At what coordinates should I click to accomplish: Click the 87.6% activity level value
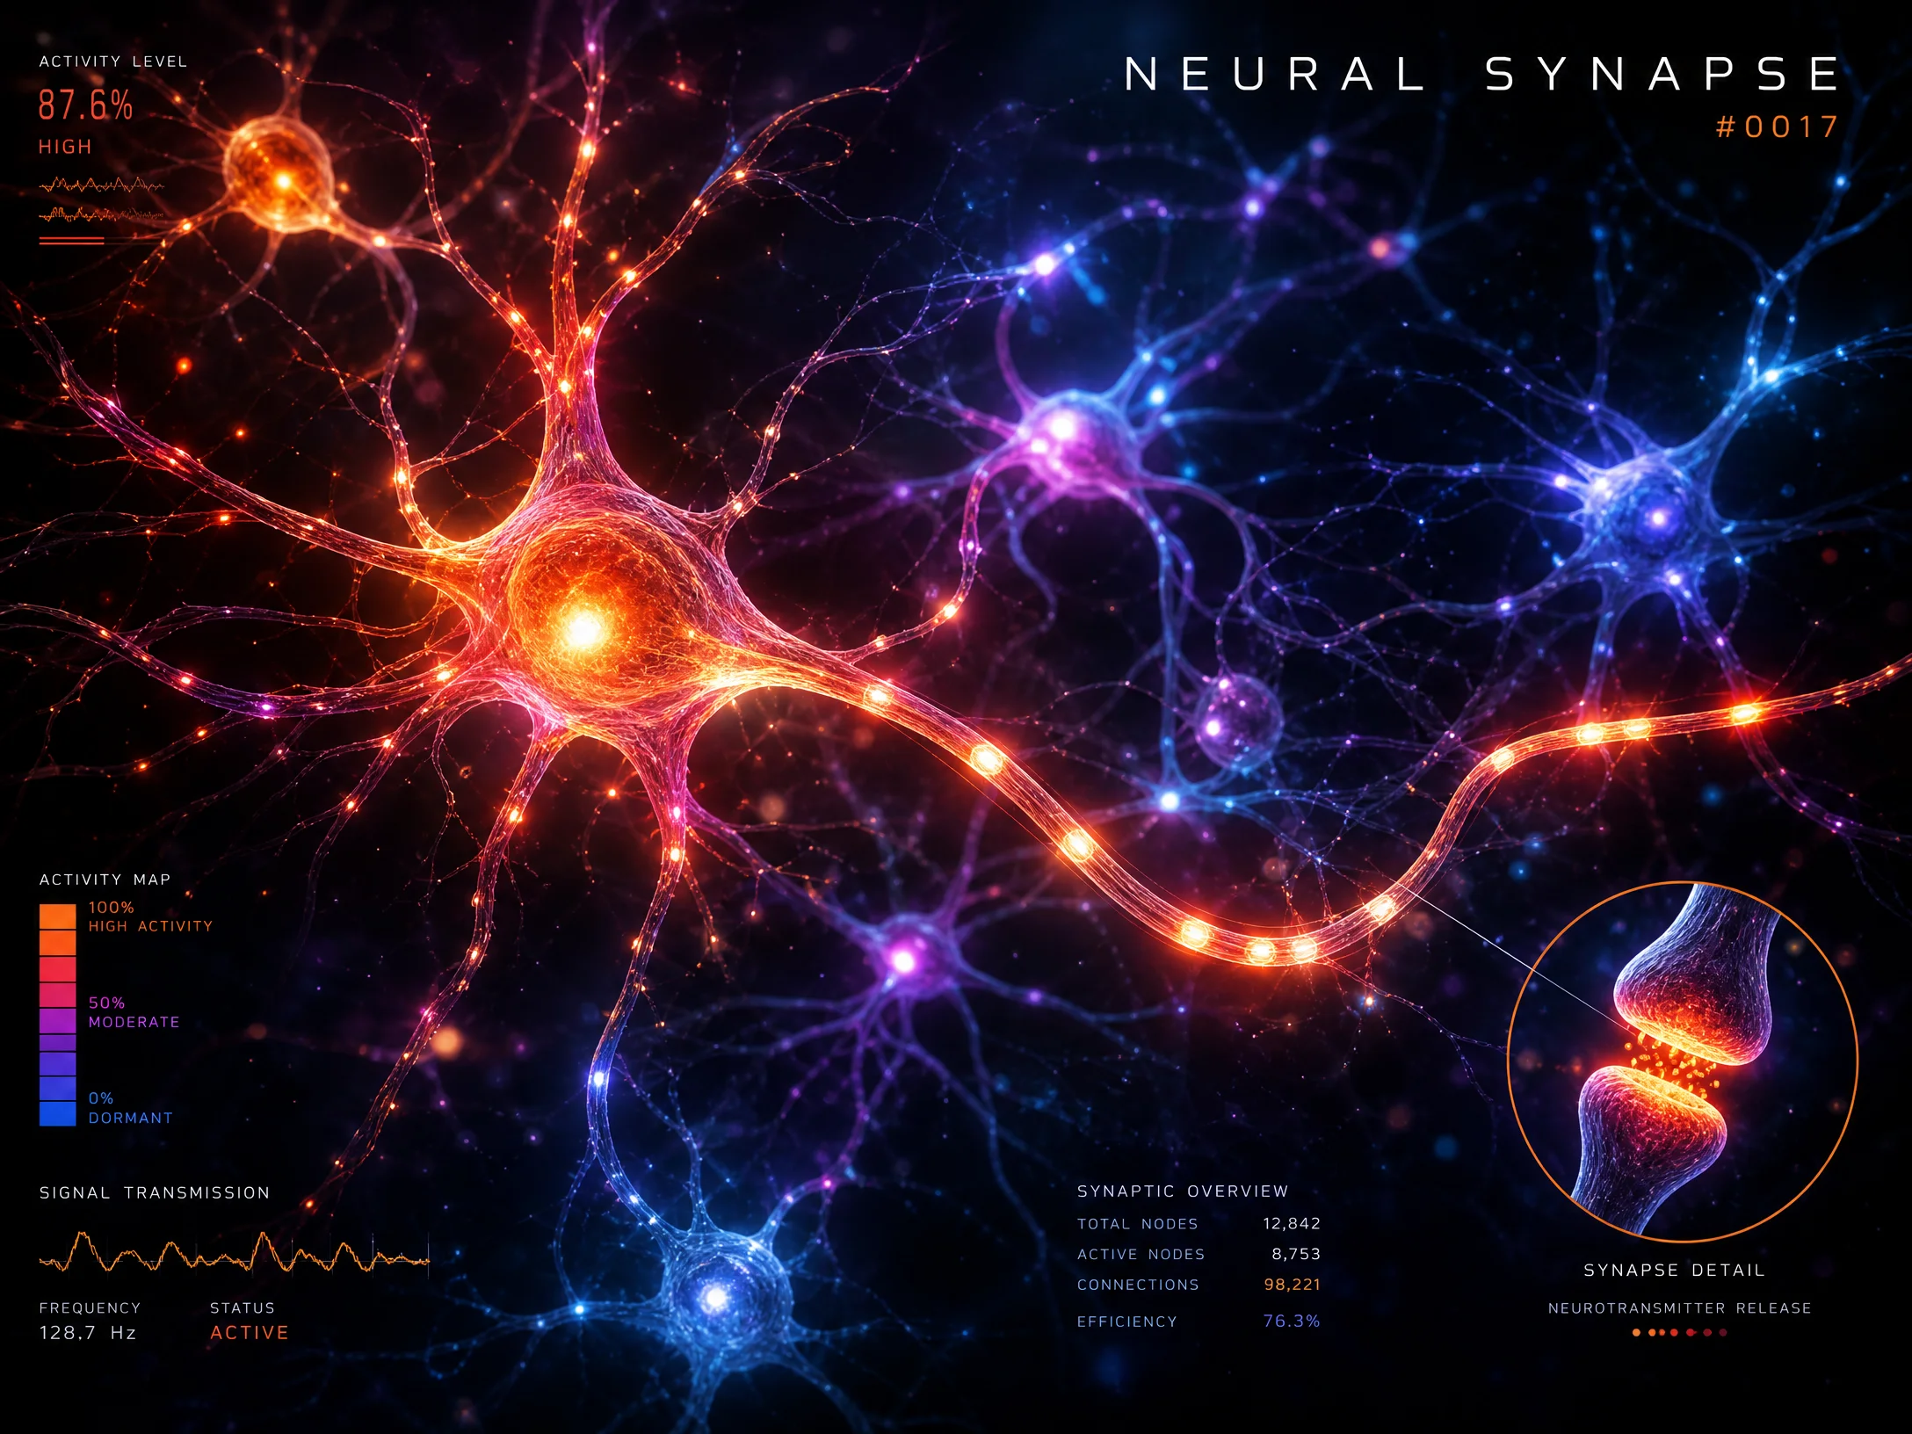point(85,105)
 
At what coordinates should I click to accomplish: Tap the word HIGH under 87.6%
point(65,147)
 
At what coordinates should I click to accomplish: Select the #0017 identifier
point(1777,127)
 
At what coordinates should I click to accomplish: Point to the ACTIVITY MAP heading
point(105,880)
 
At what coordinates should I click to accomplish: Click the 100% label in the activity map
point(112,908)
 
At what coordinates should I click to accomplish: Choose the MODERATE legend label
point(134,1022)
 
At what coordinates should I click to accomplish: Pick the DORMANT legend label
point(130,1118)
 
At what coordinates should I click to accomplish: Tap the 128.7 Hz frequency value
point(88,1333)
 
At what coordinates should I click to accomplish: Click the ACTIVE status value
point(250,1333)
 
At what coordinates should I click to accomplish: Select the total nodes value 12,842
point(1292,1223)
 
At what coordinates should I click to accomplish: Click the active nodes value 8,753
point(1296,1254)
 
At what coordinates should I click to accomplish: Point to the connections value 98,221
point(1292,1285)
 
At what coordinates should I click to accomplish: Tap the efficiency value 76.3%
point(1292,1321)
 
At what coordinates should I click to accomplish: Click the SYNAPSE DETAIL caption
point(1674,1270)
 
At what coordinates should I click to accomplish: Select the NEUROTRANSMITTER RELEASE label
point(1680,1308)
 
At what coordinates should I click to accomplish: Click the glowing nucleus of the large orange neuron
point(583,628)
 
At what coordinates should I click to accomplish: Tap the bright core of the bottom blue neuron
point(716,1297)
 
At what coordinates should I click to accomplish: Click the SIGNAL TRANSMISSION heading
point(155,1192)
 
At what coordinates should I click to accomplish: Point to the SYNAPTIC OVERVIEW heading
point(1183,1191)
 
